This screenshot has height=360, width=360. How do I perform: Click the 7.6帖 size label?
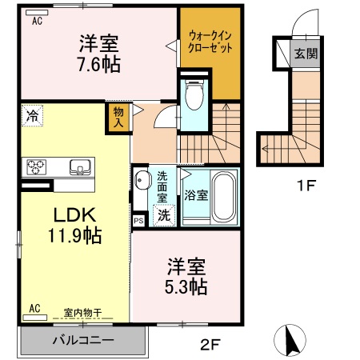click(x=100, y=65)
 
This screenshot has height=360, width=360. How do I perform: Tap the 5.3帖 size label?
click(x=187, y=285)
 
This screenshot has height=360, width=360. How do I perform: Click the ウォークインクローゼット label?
click(x=210, y=42)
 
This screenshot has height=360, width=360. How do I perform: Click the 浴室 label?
click(x=195, y=194)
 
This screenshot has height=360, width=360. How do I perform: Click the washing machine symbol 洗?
click(x=164, y=214)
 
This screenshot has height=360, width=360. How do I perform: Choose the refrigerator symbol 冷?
click(x=31, y=114)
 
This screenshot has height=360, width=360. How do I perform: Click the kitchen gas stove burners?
click(x=37, y=166)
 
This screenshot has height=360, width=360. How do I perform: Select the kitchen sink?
click(x=80, y=166)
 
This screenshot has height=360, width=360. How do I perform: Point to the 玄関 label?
click(x=305, y=54)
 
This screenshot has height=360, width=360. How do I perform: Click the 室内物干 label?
click(x=82, y=311)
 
